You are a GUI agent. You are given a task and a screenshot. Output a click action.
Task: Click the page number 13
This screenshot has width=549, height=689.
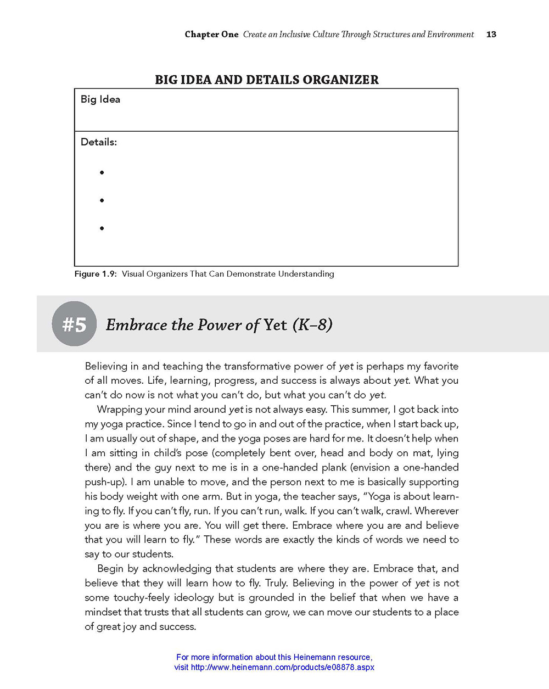point(491,34)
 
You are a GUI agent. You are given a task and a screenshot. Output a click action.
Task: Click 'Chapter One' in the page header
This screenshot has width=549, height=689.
point(211,34)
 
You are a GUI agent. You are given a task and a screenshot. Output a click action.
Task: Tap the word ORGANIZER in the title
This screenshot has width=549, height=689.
point(340,80)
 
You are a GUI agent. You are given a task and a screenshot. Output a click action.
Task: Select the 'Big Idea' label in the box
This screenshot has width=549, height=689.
point(100,99)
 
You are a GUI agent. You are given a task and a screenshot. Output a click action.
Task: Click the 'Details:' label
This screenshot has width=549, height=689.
point(99,142)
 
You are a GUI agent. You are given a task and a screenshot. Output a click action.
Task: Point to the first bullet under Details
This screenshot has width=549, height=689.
point(102,172)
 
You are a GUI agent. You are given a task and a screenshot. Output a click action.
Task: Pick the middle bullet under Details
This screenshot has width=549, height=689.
point(102,200)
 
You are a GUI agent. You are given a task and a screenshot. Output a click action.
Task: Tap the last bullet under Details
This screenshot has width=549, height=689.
point(102,228)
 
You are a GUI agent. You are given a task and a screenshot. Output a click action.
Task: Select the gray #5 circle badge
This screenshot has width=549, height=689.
point(74,324)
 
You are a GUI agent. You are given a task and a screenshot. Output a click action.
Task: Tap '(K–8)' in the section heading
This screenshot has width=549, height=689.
point(312,325)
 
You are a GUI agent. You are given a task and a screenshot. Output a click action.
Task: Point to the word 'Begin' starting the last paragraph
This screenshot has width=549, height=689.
point(111,569)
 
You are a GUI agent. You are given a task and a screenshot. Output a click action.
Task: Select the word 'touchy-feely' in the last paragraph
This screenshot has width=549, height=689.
point(142,598)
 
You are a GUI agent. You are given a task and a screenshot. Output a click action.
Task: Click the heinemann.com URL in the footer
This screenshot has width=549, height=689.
point(282,668)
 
